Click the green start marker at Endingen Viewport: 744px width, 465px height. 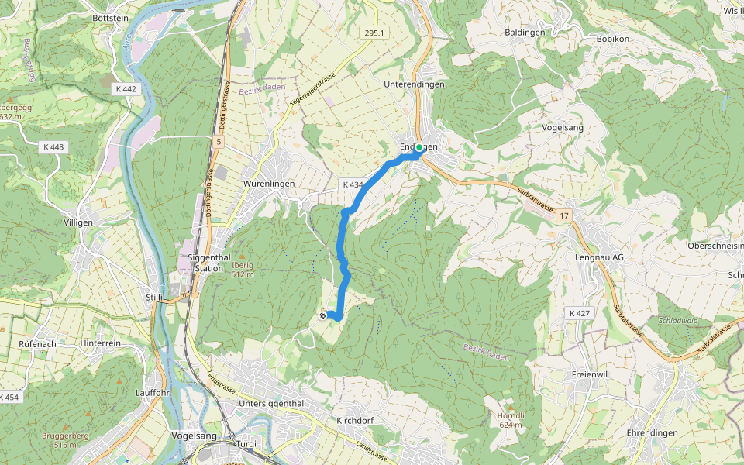[419, 147]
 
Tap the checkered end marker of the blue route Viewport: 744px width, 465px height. [323, 315]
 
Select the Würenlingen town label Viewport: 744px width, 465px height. [269, 184]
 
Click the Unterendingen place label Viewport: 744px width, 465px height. [415, 84]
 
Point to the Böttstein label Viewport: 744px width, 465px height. [109, 17]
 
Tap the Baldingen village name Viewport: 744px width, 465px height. [525, 33]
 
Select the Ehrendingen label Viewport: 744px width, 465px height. [652, 432]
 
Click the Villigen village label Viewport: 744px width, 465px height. [78, 222]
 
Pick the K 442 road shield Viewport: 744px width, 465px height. [123, 89]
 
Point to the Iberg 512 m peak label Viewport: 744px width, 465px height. [243, 268]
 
